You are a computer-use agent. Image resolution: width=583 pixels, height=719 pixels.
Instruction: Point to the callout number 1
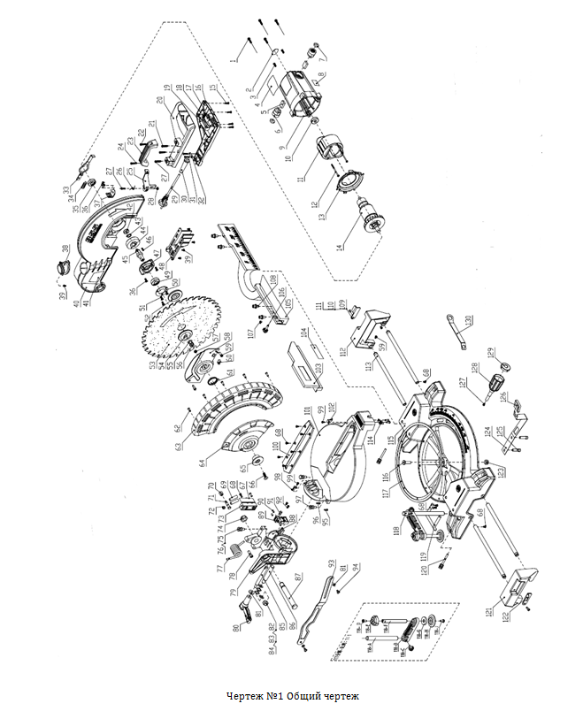(x=237, y=58)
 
